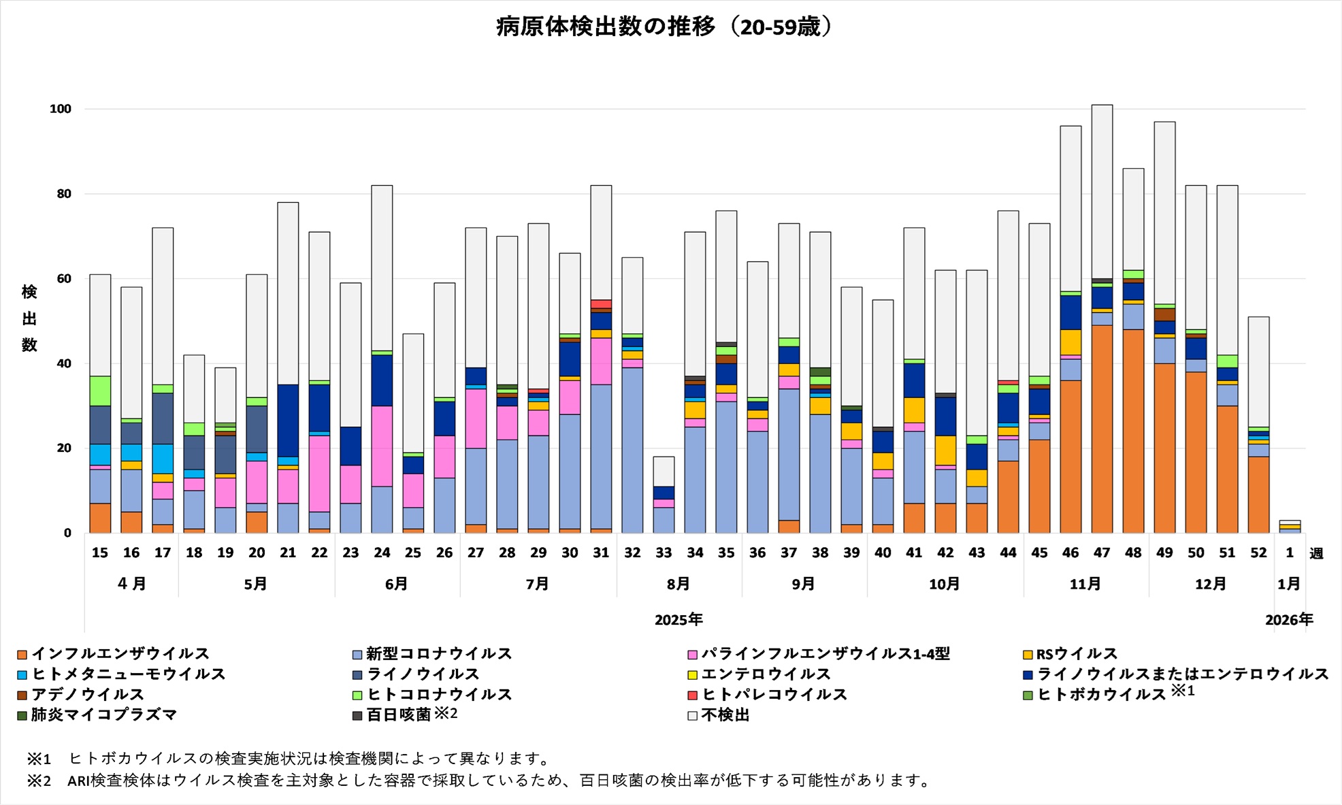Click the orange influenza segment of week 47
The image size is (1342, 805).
1102,429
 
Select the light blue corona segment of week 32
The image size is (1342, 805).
632,450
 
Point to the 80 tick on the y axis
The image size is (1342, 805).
64,194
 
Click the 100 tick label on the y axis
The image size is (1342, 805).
60,109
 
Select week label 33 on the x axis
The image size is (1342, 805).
664,553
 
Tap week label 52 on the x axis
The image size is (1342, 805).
1258,553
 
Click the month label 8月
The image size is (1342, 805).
678,584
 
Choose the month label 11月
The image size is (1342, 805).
1085,584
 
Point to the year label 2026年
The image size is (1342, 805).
1289,620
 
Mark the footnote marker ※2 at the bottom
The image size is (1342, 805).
38,781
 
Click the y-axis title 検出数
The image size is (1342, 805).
29,318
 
